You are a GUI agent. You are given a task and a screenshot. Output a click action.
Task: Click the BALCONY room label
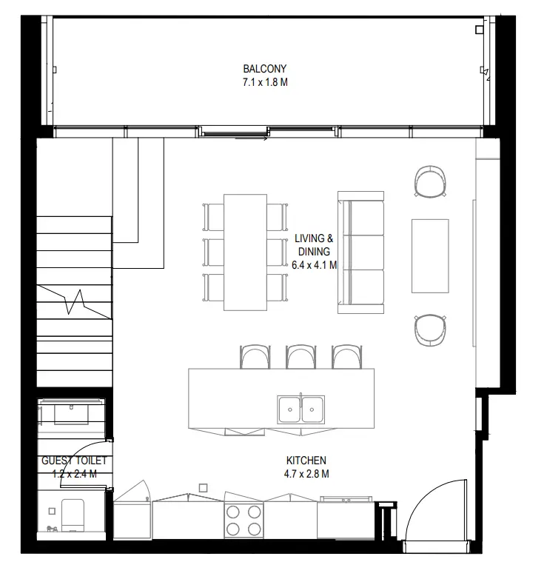(265, 69)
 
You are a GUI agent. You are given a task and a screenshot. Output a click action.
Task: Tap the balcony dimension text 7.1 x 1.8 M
(265, 82)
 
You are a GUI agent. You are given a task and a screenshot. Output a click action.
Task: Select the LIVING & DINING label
(314, 245)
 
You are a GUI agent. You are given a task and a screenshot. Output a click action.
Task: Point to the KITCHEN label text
(306, 460)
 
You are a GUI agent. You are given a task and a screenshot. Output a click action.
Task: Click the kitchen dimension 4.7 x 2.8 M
(306, 473)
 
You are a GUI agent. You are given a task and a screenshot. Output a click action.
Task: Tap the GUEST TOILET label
(74, 461)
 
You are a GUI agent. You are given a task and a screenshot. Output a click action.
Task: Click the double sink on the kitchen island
(301, 407)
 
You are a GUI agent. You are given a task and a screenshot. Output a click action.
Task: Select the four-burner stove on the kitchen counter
(244, 519)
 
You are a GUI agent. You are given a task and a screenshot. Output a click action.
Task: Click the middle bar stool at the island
(301, 356)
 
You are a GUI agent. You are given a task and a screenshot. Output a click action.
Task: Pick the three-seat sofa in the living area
(361, 252)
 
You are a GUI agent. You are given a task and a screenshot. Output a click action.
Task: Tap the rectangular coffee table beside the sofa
(430, 255)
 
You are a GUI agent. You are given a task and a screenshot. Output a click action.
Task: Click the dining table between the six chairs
(245, 252)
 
